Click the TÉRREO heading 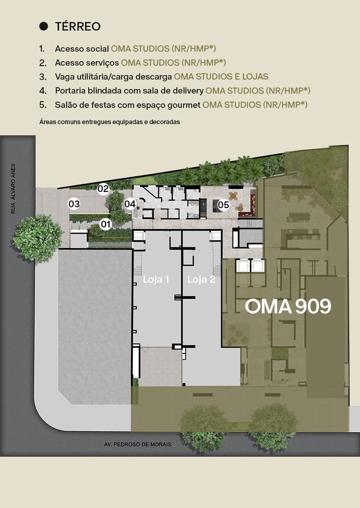pyautogui.click(x=78, y=26)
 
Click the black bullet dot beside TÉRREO pyautogui.click(x=44, y=26)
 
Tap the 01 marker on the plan pyautogui.click(x=105, y=224)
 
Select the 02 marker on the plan pyautogui.click(x=103, y=188)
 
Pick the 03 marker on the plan pyautogui.click(x=74, y=204)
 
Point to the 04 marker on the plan pyautogui.click(x=130, y=204)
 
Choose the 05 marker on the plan pyautogui.click(x=223, y=205)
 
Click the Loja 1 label pyautogui.click(x=156, y=279)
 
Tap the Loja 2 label pyautogui.click(x=202, y=279)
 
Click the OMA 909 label pyautogui.click(x=288, y=306)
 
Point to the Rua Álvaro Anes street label pyautogui.click(x=13, y=188)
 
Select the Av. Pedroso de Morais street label pyautogui.click(x=138, y=445)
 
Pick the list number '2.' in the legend pyautogui.click(x=43, y=63)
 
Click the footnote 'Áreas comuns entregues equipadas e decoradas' pyautogui.click(x=110, y=122)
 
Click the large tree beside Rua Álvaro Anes pyautogui.click(x=38, y=237)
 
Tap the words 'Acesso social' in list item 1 pyautogui.click(x=82, y=49)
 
